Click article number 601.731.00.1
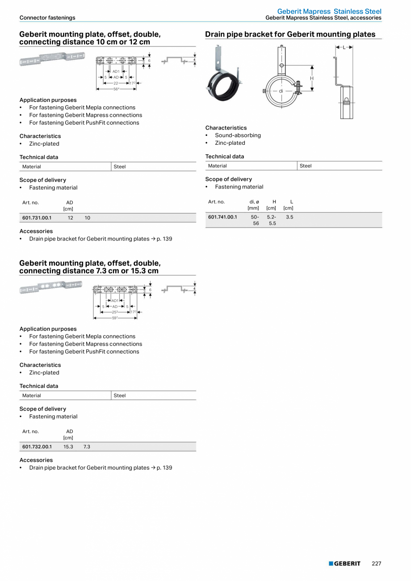tap(37, 218)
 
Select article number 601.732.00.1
tap(37, 446)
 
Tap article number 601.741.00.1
tap(222, 217)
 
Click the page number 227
tap(377, 563)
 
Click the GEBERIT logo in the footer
tap(344, 563)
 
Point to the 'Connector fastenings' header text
tap(47, 18)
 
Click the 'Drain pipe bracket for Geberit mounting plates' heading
tap(290, 34)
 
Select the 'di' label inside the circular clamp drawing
tap(281, 91)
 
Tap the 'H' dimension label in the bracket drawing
tap(312, 79)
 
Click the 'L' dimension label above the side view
tap(344, 47)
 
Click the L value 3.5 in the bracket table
tap(289, 217)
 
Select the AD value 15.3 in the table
tap(68, 446)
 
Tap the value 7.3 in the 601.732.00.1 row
tap(87, 446)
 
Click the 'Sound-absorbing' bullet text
tap(238, 135)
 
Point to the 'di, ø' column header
tap(254, 202)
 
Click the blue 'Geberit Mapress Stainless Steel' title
tap(329, 11)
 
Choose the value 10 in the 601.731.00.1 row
tap(87, 218)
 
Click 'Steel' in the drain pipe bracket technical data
tap(306, 166)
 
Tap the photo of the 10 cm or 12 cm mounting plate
tap(52, 59)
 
